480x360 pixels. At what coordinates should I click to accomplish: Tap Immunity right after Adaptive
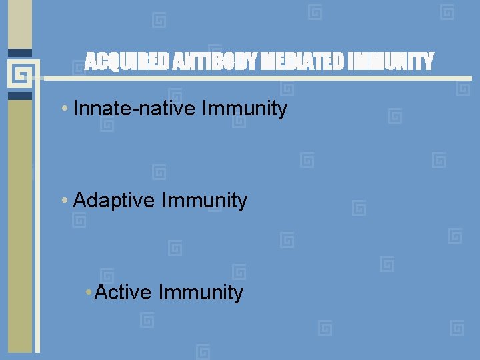(205, 200)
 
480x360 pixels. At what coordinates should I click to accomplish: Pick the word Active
(123, 292)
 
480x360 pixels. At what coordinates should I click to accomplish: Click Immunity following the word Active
(201, 292)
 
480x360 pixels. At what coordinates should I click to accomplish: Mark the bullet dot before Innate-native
(63, 109)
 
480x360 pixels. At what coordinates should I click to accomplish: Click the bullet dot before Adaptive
(63, 201)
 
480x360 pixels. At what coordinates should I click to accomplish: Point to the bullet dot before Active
(90, 293)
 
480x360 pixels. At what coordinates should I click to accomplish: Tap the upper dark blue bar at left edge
(20, 52)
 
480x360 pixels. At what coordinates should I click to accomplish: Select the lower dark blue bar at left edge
(20, 95)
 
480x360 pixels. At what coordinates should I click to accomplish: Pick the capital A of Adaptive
(80, 200)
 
